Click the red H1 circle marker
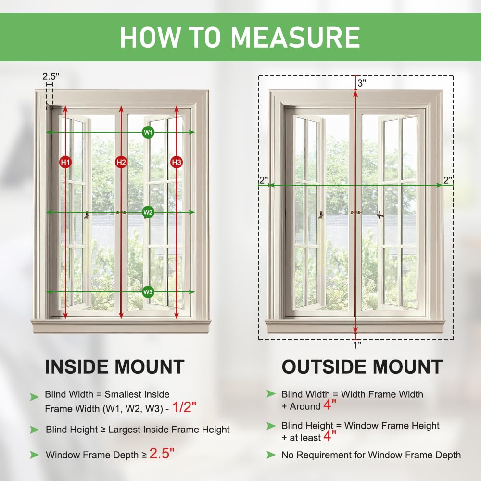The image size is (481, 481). [x=65, y=163]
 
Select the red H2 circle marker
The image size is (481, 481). [x=121, y=163]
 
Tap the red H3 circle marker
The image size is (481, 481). [x=177, y=163]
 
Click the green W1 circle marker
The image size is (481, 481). [x=148, y=132]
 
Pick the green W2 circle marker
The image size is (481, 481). [x=148, y=212]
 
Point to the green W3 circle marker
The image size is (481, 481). [x=148, y=292]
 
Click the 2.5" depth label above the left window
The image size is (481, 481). [x=51, y=76]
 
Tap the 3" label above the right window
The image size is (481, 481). [x=362, y=83]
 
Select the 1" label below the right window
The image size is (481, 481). [x=356, y=344]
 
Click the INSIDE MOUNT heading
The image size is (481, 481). [x=114, y=367]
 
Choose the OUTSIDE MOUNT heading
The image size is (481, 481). [x=362, y=367]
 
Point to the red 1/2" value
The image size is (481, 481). [x=184, y=408]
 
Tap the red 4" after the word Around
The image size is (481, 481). [x=329, y=405]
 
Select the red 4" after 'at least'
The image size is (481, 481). [x=329, y=436]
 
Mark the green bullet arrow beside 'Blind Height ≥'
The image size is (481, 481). [x=34, y=430]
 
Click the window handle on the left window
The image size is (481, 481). [x=87, y=215]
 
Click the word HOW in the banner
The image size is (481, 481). [x=146, y=37]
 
